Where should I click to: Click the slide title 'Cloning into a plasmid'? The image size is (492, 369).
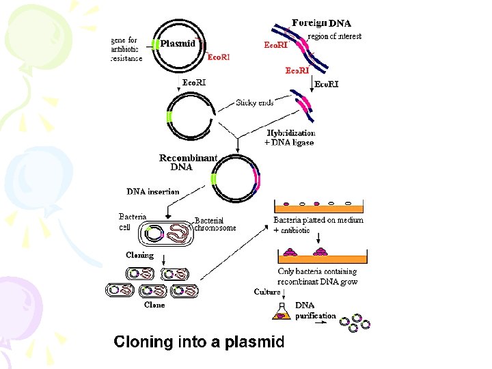[199, 342]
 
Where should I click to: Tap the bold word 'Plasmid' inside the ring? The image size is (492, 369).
[178, 43]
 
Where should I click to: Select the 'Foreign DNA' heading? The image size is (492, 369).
[322, 23]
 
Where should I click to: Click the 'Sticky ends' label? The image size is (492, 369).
[254, 102]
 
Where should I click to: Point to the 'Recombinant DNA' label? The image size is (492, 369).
[188, 162]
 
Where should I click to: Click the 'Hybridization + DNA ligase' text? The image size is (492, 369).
[290, 138]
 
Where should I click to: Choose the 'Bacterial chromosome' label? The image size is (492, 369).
[215, 224]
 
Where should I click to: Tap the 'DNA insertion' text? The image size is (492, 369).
[153, 191]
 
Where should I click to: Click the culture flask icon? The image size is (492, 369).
[282, 312]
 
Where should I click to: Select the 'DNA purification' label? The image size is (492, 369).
[315, 310]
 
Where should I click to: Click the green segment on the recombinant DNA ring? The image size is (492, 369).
[214, 178]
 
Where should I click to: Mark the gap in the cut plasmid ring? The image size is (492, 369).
[215, 117]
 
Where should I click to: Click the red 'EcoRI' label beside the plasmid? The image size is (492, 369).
[219, 57]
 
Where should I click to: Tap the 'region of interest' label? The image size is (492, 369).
[334, 36]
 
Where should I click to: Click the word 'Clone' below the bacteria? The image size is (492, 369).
[154, 305]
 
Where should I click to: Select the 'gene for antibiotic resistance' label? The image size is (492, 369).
[126, 49]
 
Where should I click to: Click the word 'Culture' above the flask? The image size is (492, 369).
[267, 292]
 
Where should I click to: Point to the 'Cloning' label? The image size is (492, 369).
[140, 255]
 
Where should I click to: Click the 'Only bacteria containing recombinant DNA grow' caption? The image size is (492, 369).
[318, 277]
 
